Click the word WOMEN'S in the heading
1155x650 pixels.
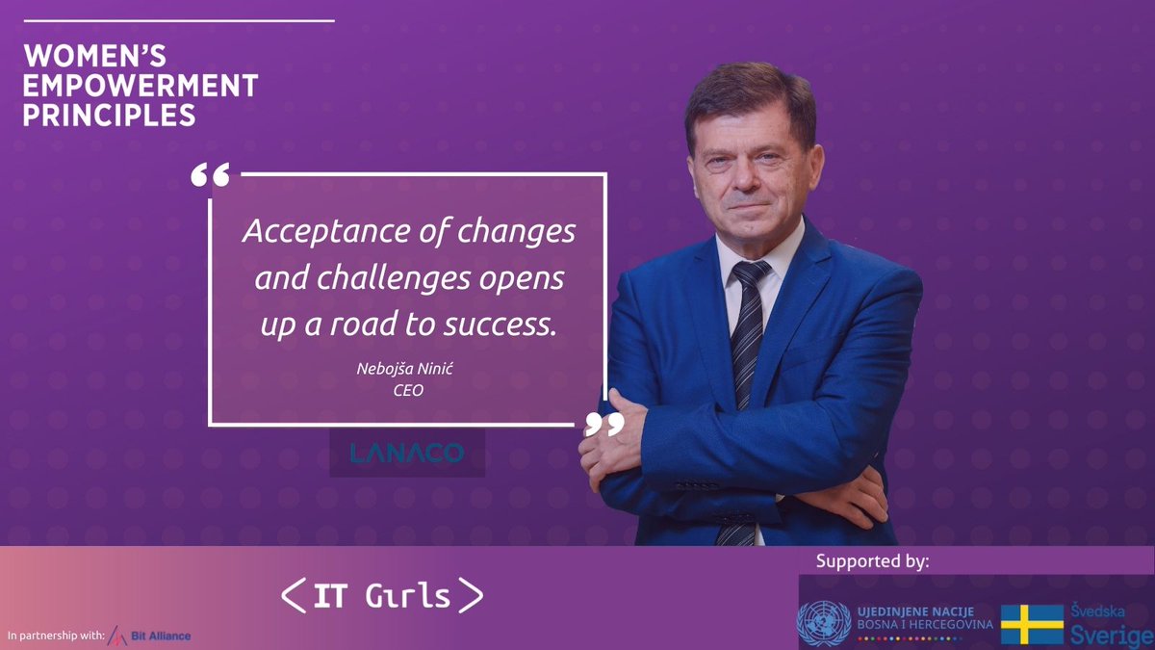coord(93,57)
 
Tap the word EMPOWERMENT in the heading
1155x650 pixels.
coord(141,86)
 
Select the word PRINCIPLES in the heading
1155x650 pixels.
coord(109,116)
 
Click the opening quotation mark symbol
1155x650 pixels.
coord(210,175)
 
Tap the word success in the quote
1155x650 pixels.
coord(500,325)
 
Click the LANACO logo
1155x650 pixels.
coord(407,453)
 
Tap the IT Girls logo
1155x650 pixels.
coord(382,596)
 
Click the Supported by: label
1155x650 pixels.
coord(872,561)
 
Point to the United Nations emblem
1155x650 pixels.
coord(824,623)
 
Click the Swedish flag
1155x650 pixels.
coord(1031,624)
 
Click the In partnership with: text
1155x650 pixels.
coord(54,636)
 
